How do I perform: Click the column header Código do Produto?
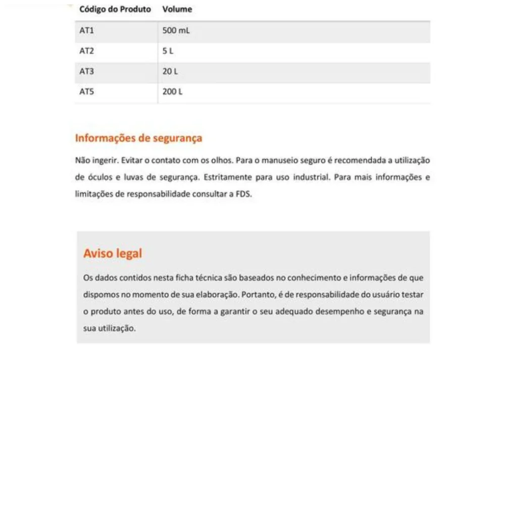click(115, 9)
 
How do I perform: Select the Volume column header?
click(177, 9)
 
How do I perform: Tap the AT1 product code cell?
click(87, 31)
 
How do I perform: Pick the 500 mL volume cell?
click(176, 31)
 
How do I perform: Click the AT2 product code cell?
click(87, 51)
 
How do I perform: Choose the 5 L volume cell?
click(169, 51)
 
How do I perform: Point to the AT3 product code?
click(87, 71)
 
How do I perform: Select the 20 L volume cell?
click(170, 71)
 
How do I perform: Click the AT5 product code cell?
click(87, 92)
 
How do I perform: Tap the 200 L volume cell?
click(172, 92)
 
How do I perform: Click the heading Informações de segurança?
click(138, 138)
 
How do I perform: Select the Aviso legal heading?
click(113, 253)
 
